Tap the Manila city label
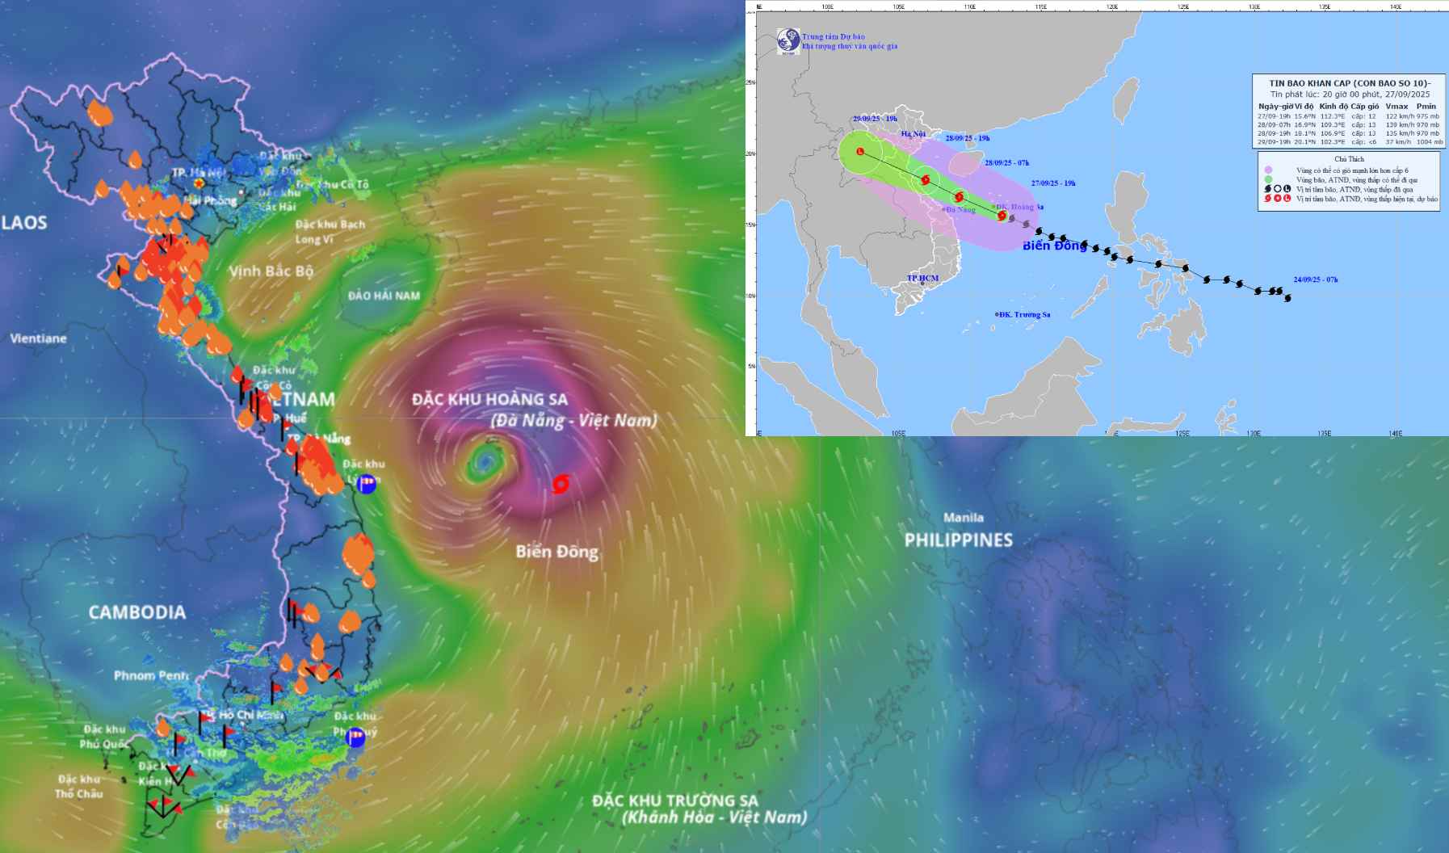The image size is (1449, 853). pyautogui.click(x=964, y=518)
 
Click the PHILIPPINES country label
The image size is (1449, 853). pyautogui.click(x=958, y=540)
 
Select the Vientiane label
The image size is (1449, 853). pyautogui.click(x=38, y=338)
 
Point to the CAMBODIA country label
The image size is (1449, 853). pyautogui.click(x=136, y=612)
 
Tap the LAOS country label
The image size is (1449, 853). pyautogui.click(x=24, y=223)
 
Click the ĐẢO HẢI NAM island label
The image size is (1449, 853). pyautogui.click(x=384, y=296)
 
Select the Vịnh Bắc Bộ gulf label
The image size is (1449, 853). pyautogui.click(x=271, y=271)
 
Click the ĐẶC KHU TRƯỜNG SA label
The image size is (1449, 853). pyautogui.click(x=675, y=800)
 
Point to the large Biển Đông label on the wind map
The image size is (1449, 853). pyautogui.click(x=557, y=552)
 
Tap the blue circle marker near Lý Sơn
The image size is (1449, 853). pyautogui.click(x=367, y=484)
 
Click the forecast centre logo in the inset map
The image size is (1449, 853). pyautogui.click(x=787, y=42)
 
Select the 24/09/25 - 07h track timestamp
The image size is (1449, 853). pyautogui.click(x=1315, y=279)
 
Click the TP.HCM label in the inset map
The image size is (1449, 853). pyautogui.click(x=922, y=278)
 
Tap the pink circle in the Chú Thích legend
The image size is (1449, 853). pyautogui.click(x=1269, y=170)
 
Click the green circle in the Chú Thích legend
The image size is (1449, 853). pyautogui.click(x=1269, y=180)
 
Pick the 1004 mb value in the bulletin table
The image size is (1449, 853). pyautogui.click(x=1429, y=142)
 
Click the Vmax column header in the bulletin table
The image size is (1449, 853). pyautogui.click(x=1396, y=106)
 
